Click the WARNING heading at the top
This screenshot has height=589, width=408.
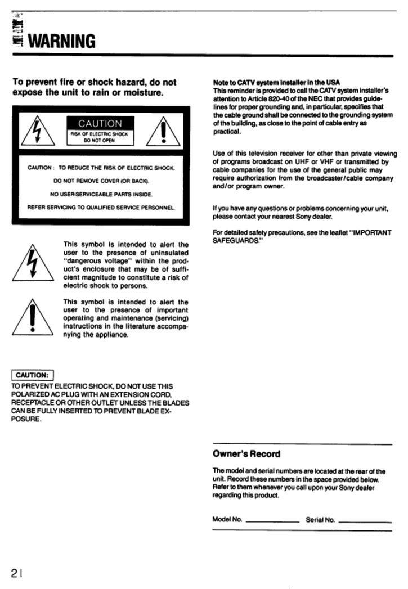coord(61,41)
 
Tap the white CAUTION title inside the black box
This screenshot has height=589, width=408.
coord(100,123)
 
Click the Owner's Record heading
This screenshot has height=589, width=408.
coord(246,453)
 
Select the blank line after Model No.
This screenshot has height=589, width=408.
coord(272,521)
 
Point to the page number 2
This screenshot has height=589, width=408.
coord(14,573)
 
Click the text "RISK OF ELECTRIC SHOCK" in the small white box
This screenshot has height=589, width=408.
coord(100,134)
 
